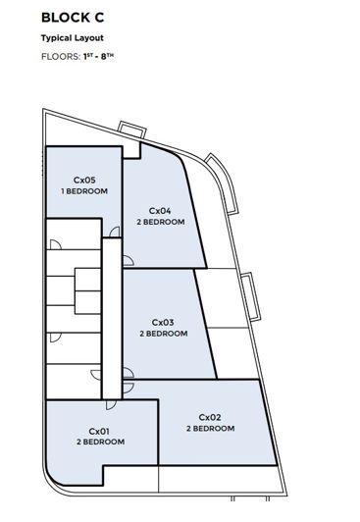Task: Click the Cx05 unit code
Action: click(84, 180)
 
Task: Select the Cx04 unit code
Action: click(160, 210)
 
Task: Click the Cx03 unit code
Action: click(163, 322)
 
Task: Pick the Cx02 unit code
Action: click(210, 417)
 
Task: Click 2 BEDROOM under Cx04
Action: click(160, 222)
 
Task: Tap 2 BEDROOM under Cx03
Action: click(163, 334)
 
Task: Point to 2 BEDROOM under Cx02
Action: click(210, 429)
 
